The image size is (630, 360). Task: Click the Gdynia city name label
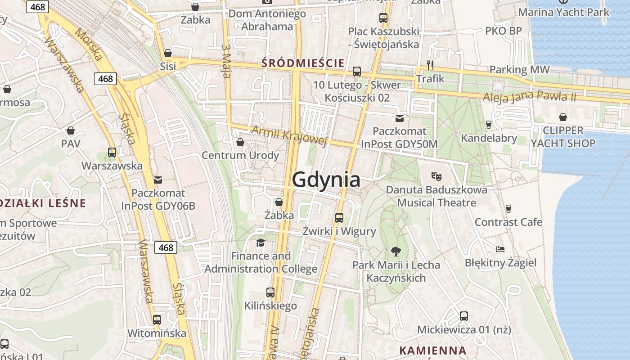pyautogui.click(x=326, y=180)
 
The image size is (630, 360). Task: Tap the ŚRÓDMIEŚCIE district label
pyautogui.click(x=303, y=63)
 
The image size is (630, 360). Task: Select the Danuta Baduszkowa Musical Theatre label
pyautogui.click(x=436, y=196)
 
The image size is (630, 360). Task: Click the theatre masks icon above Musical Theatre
pyautogui.click(x=436, y=176)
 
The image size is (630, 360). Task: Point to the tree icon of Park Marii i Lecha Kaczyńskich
pyautogui.click(x=396, y=251)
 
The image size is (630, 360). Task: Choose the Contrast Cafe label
pyautogui.click(x=508, y=222)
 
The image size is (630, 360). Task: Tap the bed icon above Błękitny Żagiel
pyautogui.click(x=500, y=249)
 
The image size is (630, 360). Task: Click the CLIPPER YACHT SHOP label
pyautogui.click(x=563, y=137)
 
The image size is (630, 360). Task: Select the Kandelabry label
pyautogui.click(x=489, y=138)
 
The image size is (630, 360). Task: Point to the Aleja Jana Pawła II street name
pyautogui.click(x=529, y=97)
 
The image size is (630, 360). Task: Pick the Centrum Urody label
pyautogui.click(x=240, y=155)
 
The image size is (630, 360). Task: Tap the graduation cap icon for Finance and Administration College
pyautogui.click(x=261, y=243)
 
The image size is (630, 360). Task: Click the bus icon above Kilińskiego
pyautogui.click(x=270, y=292)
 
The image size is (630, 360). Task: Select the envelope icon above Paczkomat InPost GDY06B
pyautogui.click(x=158, y=180)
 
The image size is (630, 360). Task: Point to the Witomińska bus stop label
pyautogui.click(x=157, y=333)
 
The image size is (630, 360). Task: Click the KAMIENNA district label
pyautogui.click(x=432, y=350)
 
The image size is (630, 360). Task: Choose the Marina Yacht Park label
pyautogui.click(x=563, y=12)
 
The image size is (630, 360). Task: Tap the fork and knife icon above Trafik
pyautogui.click(x=430, y=65)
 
